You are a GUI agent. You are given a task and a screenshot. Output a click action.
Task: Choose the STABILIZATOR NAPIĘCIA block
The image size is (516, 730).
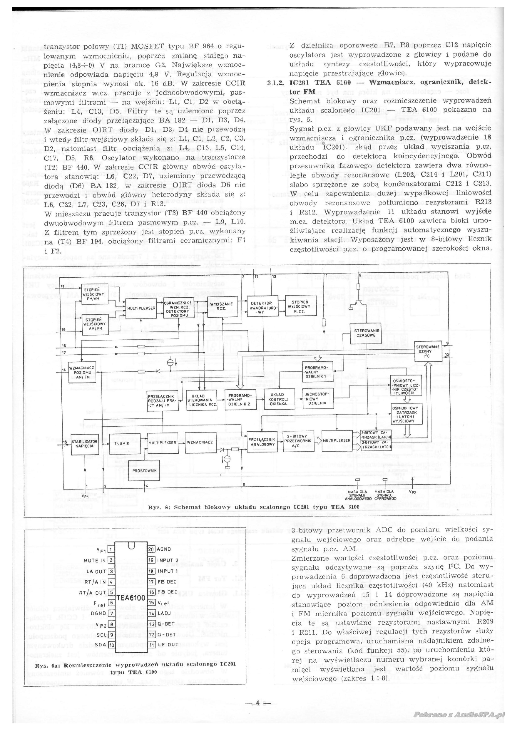click(x=85, y=444)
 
